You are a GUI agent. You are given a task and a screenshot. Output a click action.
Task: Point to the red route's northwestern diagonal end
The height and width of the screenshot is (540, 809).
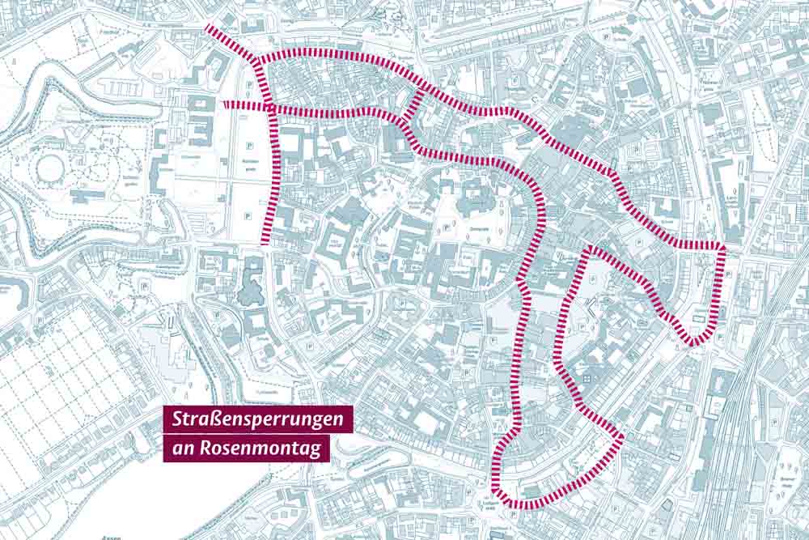point(209,28)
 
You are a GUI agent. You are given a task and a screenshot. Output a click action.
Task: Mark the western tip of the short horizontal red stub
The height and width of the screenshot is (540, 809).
point(226,104)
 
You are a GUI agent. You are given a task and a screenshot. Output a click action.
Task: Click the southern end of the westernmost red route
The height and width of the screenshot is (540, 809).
point(265,240)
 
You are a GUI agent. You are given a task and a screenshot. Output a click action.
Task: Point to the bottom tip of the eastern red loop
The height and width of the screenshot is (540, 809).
point(693,343)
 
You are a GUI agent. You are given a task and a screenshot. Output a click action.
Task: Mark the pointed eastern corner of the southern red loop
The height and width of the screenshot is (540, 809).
point(621,438)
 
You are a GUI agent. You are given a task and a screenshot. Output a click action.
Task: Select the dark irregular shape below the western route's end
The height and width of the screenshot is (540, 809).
point(251,282)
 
